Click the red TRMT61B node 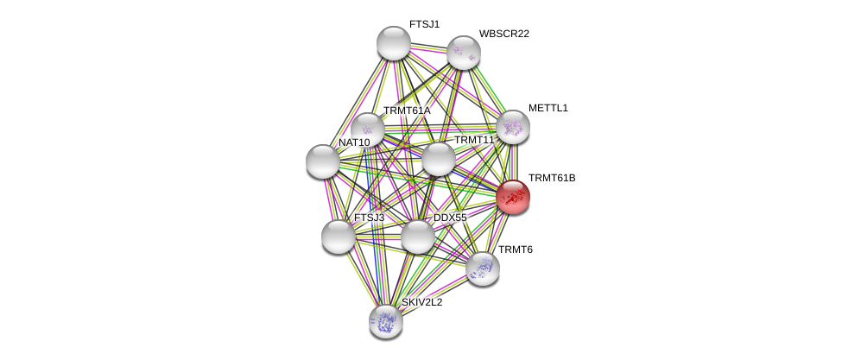512,197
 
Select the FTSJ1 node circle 393,43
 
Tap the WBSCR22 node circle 463,53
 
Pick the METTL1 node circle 512,127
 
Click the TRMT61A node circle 367,129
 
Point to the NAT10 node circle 323,161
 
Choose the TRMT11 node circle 438,159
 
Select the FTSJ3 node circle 338,237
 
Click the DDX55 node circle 417,237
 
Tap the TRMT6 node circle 482,268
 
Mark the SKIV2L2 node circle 385,321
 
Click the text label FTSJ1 424,24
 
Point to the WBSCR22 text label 503,34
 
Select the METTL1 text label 548,108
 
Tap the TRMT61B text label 551,178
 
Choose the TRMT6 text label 515,249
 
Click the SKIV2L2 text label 421,302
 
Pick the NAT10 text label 353,142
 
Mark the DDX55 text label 449,218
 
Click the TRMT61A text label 406,111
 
